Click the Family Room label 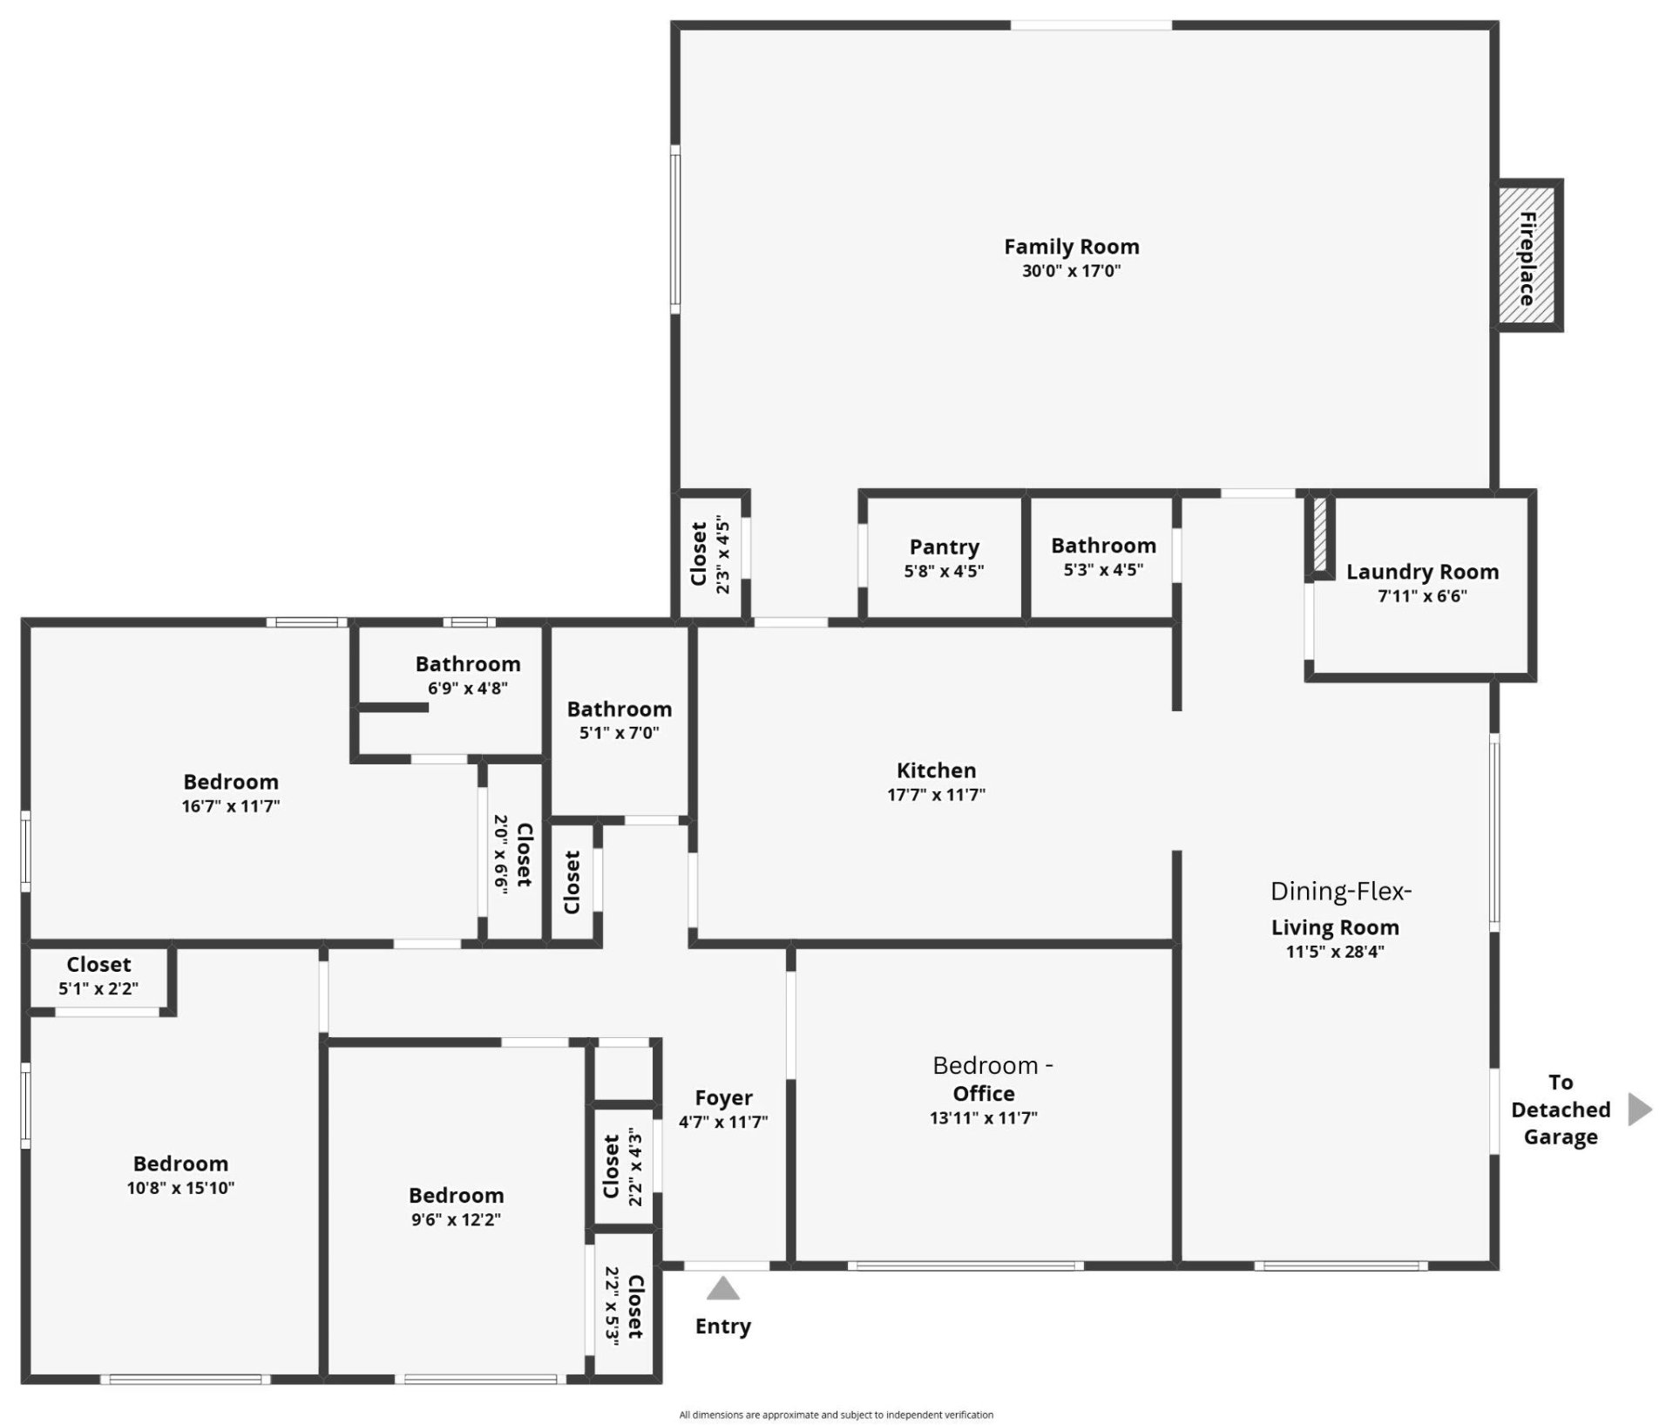(1071, 248)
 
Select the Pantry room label (944, 547)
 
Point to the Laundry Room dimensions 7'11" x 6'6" (1422, 596)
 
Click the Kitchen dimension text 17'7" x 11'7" (936, 795)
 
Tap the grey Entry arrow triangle (722, 1289)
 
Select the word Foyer (723, 1098)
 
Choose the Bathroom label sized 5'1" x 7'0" (619, 709)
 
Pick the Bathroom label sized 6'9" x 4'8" (468, 664)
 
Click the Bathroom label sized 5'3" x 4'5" (1103, 546)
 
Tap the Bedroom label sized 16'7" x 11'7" (231, 782)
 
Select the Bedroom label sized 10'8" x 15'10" (180, 1164)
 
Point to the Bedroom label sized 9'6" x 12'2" (456, 1195)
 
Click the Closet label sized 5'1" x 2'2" (98, 965)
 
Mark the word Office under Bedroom (984, 1094)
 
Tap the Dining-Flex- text (1340, 892)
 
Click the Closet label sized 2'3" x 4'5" (698, 554)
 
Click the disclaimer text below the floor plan (836, 1415)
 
